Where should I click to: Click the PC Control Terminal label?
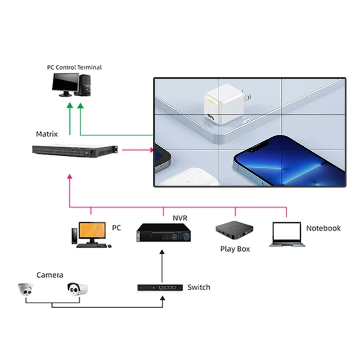tap(74, 67)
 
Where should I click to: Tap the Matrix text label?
tap(47, 134)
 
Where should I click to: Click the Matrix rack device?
tap(75, 151)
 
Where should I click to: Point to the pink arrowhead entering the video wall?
tap(151, 149)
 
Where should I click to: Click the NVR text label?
tap(180, 219)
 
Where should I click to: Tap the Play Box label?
tap(234, 249)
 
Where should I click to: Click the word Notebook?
tap(323, 228)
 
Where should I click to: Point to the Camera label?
tap(49, 275)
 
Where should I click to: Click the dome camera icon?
tap(27, 290)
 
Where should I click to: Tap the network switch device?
tap(160, 287)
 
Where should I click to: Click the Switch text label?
tap(198, 287)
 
